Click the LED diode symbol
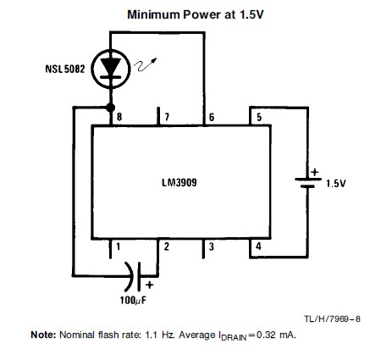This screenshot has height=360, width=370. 111,69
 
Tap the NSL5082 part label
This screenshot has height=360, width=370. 65,69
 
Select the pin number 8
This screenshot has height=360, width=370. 119,117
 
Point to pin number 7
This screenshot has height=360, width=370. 167,117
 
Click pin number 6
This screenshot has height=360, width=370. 212,117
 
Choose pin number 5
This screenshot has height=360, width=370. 259,117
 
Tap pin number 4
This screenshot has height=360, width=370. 258,246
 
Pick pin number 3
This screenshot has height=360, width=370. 212,246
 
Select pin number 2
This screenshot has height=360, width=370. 167,246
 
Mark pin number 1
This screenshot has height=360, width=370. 119,246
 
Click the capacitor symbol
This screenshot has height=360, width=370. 133,276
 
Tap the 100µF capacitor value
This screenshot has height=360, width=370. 133,300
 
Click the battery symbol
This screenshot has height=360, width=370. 308,183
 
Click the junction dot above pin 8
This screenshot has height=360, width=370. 110,108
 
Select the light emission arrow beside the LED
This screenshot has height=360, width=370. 145,64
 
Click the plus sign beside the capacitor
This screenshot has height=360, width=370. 150,285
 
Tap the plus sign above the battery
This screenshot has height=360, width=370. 314,172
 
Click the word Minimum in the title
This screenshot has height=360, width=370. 153,14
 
